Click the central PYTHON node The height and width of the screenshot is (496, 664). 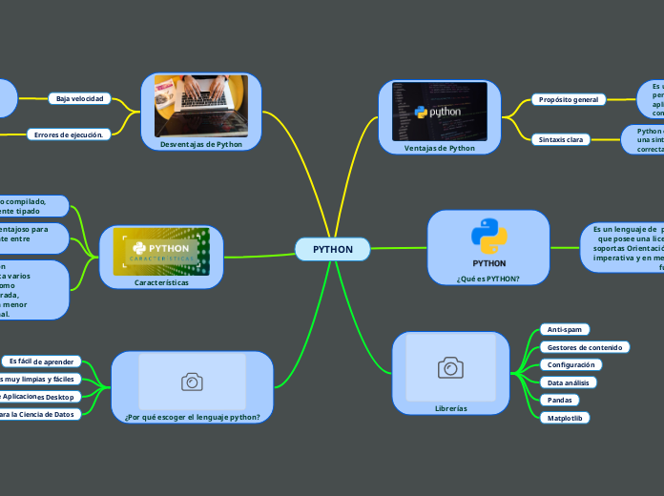coord(332,249)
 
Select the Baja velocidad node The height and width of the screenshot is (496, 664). coord(79,98)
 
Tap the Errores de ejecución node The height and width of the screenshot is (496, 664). coord(70,134)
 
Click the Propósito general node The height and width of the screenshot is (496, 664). coord(569,99)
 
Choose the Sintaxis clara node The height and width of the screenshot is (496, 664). coord(561,139)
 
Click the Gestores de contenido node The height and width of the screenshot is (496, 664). coord(585,347)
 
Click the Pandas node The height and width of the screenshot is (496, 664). coord(558,400)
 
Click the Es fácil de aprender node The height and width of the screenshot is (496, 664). coord(41,362)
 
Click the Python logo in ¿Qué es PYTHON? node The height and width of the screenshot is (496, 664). coord(488,237)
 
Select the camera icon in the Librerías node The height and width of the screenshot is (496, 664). coord(450,367)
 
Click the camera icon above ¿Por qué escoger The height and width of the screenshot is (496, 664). coord(192,382)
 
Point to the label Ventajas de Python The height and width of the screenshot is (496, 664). coord(439,148)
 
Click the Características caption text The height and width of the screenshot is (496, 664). coord(162,282)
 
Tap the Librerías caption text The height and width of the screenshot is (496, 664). coord(450,408)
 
